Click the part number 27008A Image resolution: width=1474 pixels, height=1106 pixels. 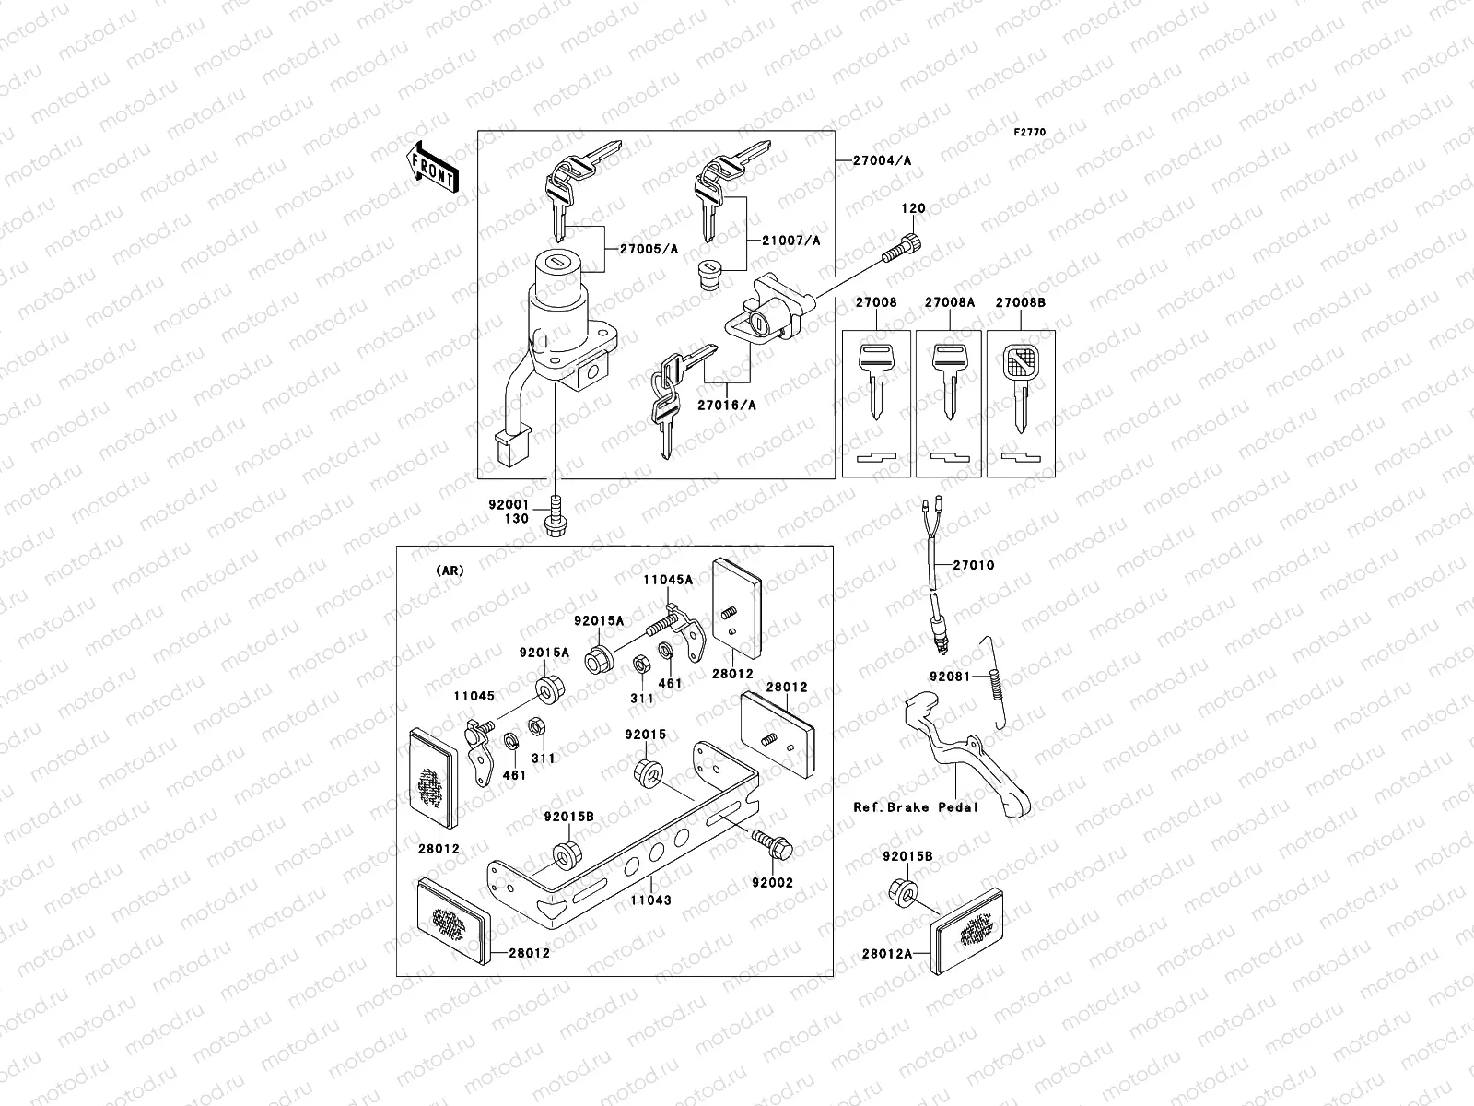pyautogui.click(x=949, y=302)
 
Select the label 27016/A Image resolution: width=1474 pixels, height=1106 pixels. pyautogui.click(x=728, y=404)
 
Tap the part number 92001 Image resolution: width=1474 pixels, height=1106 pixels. pyautogui.click(x=509, y=504)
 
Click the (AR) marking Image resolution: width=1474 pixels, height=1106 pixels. pyautogui.click(x=450, y=571)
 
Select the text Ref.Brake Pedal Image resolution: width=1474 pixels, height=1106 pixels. pyautogui.click(x=916, y=807)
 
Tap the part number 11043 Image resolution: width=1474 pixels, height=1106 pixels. pyautogui.click(x=651, y=900)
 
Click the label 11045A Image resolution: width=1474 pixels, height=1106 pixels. pyautogui.click(x=669, y=580)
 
